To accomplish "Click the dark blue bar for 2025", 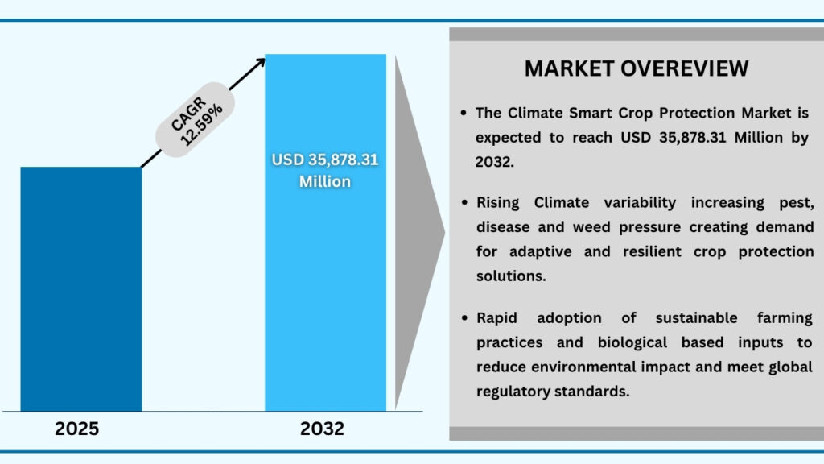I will [80, 289].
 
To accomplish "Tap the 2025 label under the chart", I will [77, 429].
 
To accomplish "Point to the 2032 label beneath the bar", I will [322, 429].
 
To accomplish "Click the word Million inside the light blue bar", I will [325, 181].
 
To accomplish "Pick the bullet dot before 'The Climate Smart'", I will [463, 114].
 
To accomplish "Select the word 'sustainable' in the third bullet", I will [687, 318].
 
